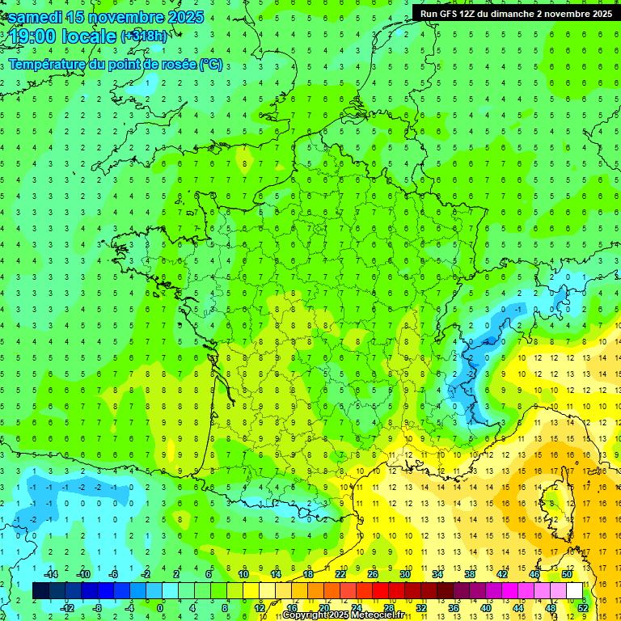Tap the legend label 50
(x=566, y=574)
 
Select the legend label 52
(x=582, y=607)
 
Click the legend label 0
(x=161, y=607)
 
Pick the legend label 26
(x=372, y=574)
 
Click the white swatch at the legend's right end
(x=574, y=590)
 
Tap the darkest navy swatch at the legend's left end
(x=40, y=590)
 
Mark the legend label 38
(x=469, y=574)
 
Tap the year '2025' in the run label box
(x=598, y=13)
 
